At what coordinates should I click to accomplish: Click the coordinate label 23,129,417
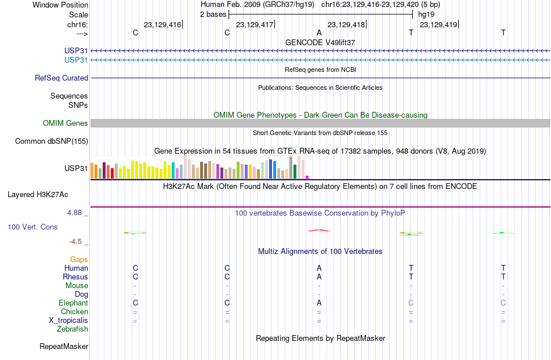pos(255,24)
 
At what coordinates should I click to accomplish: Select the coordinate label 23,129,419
pos(438,24)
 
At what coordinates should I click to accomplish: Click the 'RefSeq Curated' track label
pos(61,78)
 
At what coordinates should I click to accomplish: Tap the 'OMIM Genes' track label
pos(66,123)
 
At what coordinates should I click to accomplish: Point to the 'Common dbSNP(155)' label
pos(52,141)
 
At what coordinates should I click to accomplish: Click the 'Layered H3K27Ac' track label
pos(38,195)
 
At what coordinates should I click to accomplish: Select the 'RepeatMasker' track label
pos(64,346)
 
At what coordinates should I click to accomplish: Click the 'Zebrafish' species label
pos(72,329)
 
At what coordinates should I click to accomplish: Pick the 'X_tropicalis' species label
pos(68,321)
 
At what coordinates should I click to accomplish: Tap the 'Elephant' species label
pos(74,303)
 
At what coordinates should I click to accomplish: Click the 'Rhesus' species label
pos(75,277)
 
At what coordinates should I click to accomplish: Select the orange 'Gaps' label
pos(79,260)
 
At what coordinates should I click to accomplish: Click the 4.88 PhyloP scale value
pos(74,213)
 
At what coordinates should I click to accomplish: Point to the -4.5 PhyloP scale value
pos(75,242)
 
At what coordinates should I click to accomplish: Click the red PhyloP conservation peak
pos(319,230)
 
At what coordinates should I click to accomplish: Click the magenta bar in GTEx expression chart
pos(307,177)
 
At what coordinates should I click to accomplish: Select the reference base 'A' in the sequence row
pos(319,32)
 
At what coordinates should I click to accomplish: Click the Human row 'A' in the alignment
pos(319,268)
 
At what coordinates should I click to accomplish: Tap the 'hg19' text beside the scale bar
pos(426,14)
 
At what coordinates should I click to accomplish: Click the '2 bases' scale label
pos(213,14)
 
